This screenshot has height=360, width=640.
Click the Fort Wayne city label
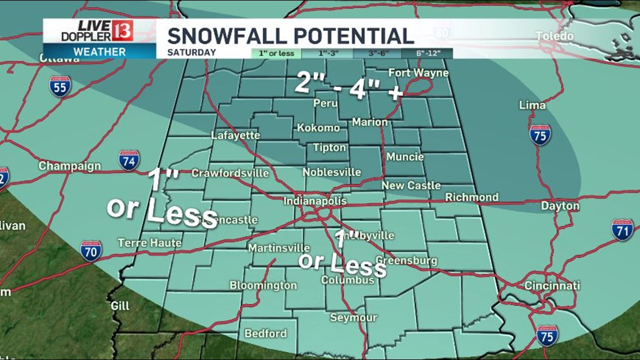pos(419,73)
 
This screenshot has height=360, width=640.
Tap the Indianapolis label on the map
pos(314,201)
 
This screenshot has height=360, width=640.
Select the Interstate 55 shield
pos(60,87)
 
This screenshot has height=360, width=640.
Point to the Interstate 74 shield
pos(129,160)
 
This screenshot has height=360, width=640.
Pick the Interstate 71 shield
pos(622,230)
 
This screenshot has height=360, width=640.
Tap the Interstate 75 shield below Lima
pos(540,135)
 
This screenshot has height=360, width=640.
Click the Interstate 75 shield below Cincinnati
pos(547,335)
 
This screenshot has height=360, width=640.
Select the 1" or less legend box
pos(276,53)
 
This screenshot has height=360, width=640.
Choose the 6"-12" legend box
pos(427,53)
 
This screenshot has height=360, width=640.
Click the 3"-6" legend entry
pos(377,53)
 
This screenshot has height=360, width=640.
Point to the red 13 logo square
pos(122,31)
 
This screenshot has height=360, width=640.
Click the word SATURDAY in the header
pos(191,53)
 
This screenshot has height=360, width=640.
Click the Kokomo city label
pos(318,127)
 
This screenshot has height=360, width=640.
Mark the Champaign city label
pos(70,166)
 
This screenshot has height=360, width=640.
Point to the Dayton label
pos(560,206)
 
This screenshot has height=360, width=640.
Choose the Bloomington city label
pos(263,285)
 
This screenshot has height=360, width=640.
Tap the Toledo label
pos(554,37)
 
